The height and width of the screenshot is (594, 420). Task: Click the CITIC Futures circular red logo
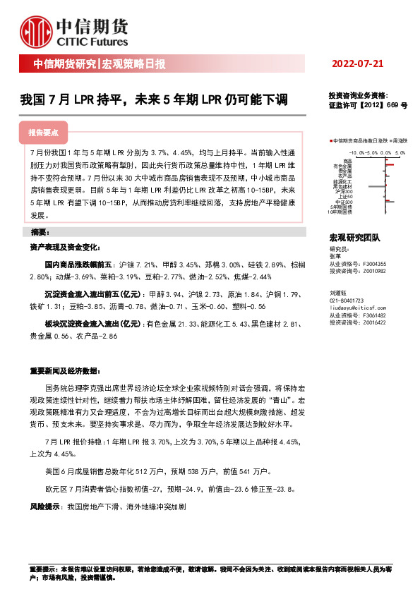click(35, 33)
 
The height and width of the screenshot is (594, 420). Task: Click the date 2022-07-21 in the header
click(358, 64)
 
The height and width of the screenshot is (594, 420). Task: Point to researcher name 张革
click(335, 256)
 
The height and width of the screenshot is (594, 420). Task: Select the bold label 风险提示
click(44, 507)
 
